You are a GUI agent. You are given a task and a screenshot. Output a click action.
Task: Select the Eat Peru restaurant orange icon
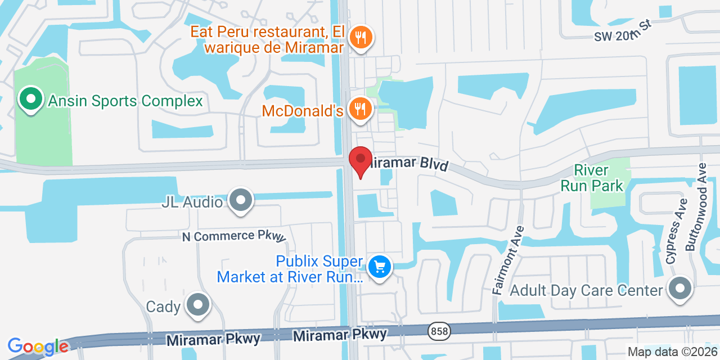pyautogui.click(x=361, y=38)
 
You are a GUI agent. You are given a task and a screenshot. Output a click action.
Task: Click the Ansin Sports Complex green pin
pyautogui.click(x=31, y=100)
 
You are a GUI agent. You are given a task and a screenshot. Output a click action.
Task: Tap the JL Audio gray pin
pyautogui.click(x=241, y=200)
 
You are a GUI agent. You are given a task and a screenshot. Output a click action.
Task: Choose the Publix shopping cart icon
pyautogui.click(x=380, y=266)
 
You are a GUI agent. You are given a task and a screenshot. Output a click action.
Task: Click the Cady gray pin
pyautogui.click(x=197, y=305)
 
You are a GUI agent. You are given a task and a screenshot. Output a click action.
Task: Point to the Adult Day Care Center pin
pyautogui.click(x=679, y=289)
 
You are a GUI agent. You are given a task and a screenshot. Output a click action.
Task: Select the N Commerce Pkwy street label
pyautogui.click(x=234, y=236)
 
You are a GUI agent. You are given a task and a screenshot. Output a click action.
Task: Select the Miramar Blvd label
pyautogui.click(x=408, y=164)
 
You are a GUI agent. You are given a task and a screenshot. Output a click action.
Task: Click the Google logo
pyautogui.click(x=38, y=346)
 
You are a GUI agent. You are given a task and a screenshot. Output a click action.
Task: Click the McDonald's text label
pyautogui.click(x=303, y=111)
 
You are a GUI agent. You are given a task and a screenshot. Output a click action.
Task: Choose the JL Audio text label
pyautogui.click(x=192, y=202)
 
